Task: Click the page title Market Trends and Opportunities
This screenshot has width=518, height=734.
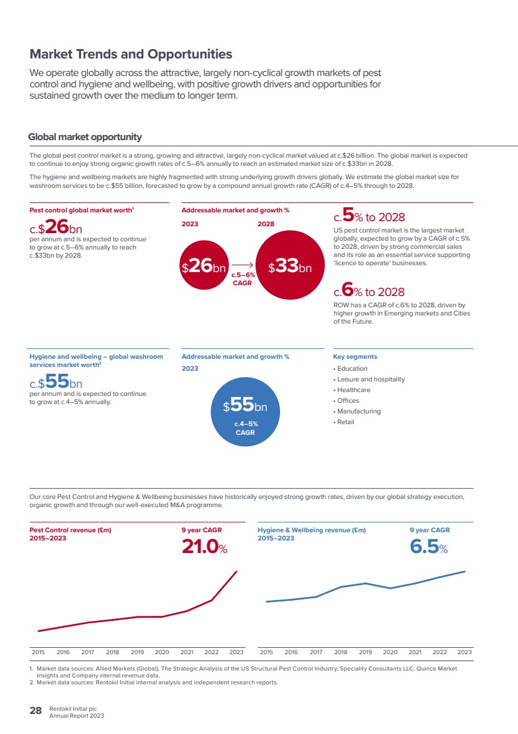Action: (131, 54)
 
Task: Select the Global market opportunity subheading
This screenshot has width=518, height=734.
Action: (85, 137)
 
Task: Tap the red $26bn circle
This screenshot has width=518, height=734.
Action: (204, 265)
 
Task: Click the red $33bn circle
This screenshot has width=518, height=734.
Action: (290, 265)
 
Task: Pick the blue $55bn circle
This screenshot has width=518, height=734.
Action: (246, 412)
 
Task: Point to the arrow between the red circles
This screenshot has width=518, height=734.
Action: (242, 265)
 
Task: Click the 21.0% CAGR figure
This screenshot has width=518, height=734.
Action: (204, 546)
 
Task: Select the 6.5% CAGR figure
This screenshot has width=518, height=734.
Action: (429, 546)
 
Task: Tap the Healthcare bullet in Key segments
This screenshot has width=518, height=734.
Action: (352, 390)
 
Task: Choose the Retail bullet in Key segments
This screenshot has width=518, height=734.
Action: (343, 422)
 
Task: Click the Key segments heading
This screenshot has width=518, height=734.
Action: (355, 357)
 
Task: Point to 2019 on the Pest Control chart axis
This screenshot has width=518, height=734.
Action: (138, 652)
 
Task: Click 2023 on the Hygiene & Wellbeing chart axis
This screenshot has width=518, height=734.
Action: (465, 652)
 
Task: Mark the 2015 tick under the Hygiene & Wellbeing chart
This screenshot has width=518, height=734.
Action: (266, 652)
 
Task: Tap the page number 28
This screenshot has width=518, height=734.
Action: (36, 711)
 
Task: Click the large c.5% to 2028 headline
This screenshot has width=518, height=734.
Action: (369, 216)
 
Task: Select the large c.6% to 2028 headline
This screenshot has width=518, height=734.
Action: (369, 290)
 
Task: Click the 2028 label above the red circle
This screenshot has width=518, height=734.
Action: (266, 224)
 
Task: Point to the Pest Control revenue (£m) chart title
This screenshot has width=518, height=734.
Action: (70, 530)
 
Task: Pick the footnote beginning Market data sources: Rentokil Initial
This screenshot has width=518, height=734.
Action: (157, 682)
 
